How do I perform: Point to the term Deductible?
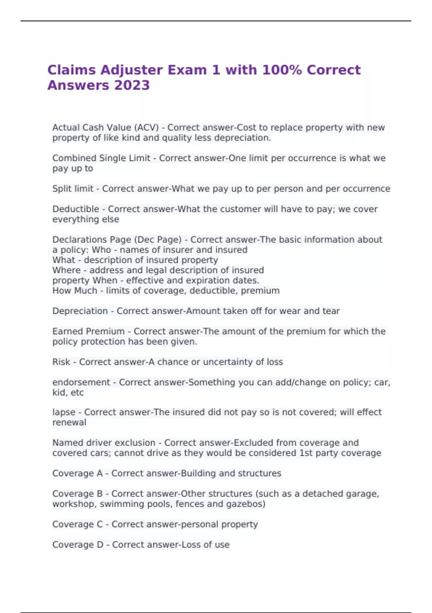point(76,209)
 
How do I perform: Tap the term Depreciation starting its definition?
point(80,311)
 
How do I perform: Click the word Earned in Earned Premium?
point(68,331)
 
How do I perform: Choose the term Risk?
point(61,362)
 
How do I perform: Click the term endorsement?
point(81,383)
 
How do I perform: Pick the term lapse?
point(64,412)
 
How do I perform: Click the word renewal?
point(69,423)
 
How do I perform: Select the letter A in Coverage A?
point(99,473)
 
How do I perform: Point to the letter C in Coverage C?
point(99,524)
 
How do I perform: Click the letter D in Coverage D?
point(100,545)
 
